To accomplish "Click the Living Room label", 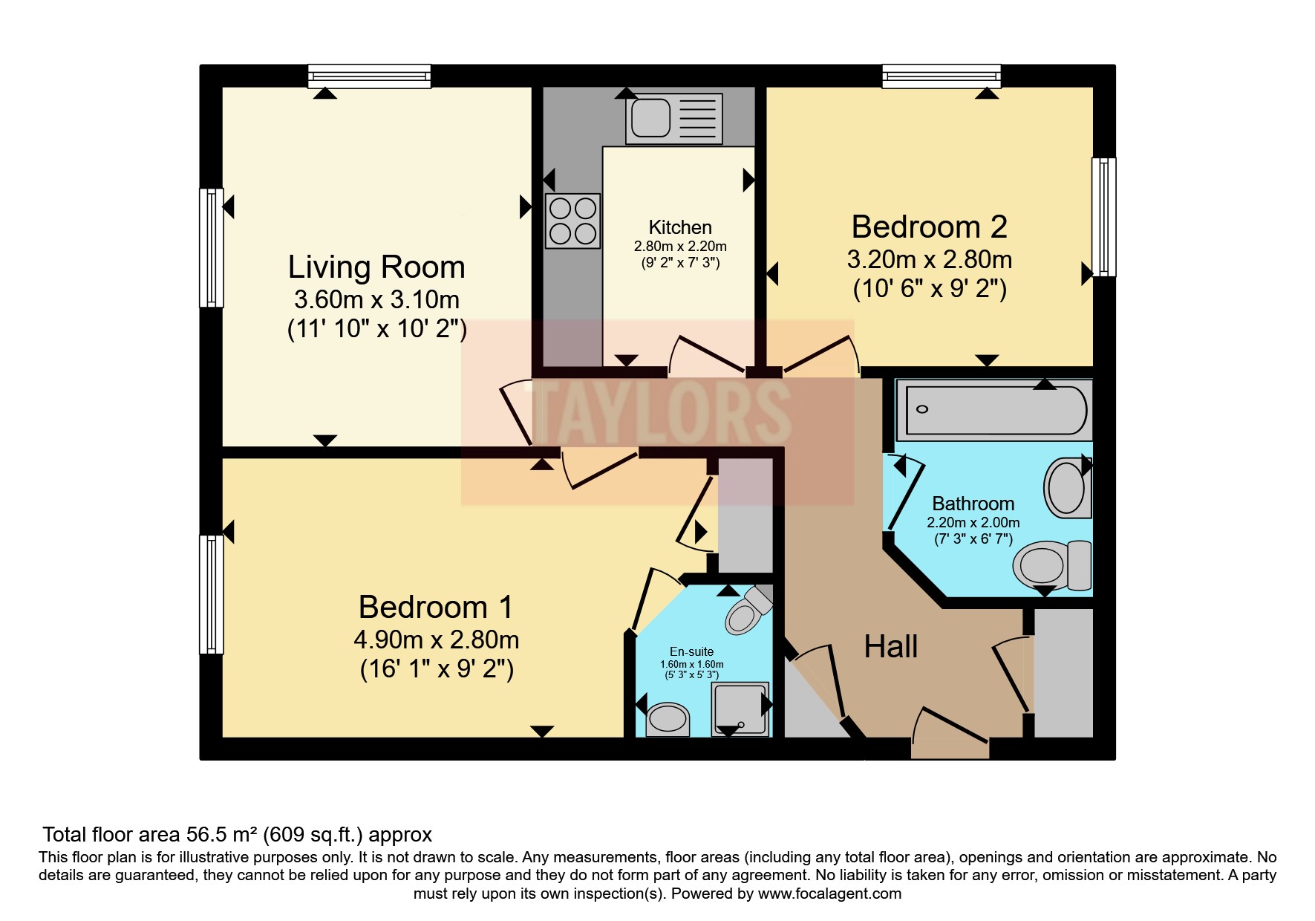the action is click(376, 267).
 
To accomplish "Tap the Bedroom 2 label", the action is click(929, 227).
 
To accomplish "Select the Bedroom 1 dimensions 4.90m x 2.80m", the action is click(437, 640).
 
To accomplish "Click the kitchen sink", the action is click(674, 118).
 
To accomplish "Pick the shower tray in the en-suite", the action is click(740, 709).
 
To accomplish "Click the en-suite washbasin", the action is click(668, 719).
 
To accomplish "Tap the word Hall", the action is click(891, 647).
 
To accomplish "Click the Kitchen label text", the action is click(680, 227).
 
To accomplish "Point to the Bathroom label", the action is click(973, 504).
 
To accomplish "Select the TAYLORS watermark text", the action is click(660, 412).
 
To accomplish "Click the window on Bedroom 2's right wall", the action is click(1104, 217).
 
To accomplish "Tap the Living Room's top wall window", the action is click(369, 76).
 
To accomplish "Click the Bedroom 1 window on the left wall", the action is click(212, 594).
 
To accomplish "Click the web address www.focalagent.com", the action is click(829, 894).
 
